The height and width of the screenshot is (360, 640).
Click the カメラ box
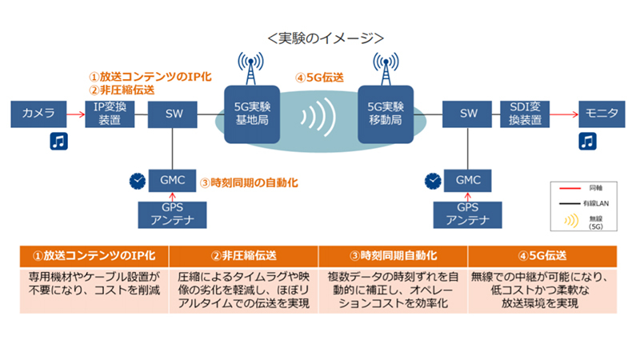click(x=37, y=114)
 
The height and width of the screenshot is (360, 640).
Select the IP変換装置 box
click(x=109, y=114)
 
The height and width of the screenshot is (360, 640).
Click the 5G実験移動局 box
click(x=383, y=114)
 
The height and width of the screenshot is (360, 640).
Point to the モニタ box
click(x=601, y=114)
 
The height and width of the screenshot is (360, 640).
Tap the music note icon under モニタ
click(x=587, y=142)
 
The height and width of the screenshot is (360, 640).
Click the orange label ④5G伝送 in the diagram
click(x=319, y=78)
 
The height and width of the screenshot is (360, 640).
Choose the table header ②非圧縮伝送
click(x=244, y=257)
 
